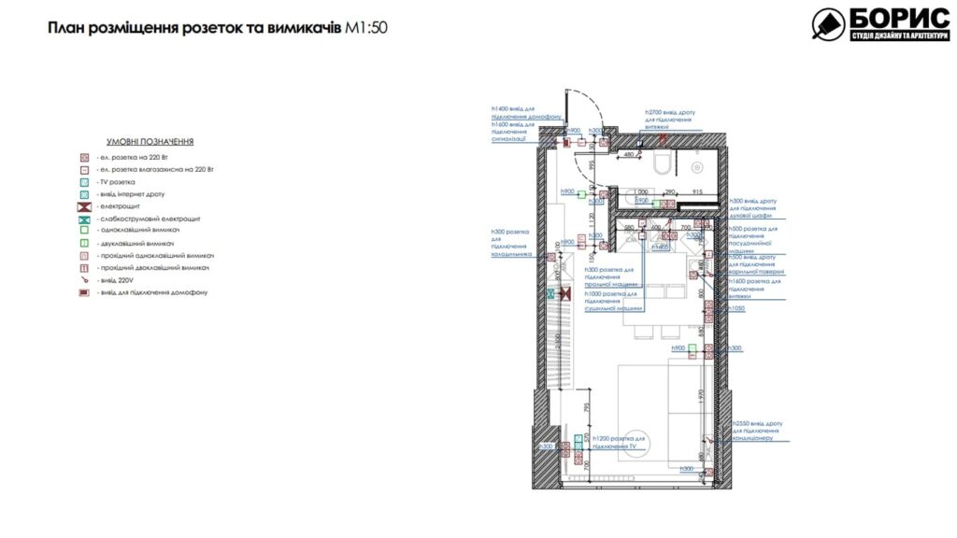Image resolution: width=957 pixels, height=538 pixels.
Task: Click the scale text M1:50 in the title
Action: [364, 28]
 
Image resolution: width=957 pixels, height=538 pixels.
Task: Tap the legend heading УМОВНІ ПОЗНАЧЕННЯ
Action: [150, 141]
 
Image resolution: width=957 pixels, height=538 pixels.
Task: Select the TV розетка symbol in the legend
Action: [84, 182]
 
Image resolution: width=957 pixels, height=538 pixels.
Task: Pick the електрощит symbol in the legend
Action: [84, 206]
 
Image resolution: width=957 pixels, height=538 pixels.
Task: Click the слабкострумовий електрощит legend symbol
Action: [84, 219]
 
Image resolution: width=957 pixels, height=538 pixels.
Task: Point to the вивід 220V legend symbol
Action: [84, 280]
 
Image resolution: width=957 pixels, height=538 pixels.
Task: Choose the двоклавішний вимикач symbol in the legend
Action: [84, 243]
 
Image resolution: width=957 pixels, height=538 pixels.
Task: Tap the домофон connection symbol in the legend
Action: [84, 292]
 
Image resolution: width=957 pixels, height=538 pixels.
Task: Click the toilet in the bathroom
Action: [663, 163]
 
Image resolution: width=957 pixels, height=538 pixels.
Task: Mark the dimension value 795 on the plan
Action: [587, 407]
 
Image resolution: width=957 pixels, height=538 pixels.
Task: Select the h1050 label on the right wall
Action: [737, 307]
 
